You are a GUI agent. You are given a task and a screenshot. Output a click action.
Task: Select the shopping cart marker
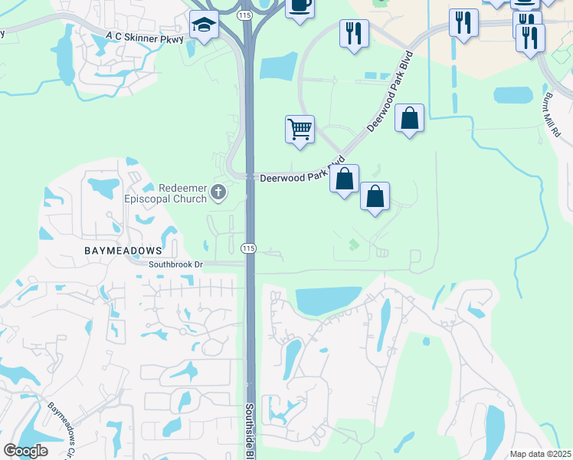click(300, 129)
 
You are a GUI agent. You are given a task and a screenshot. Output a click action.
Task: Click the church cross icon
click(218, 192)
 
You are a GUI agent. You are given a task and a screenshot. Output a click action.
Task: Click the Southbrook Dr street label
click(175, 264)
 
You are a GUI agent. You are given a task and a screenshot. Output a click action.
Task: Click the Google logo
click(25, 451)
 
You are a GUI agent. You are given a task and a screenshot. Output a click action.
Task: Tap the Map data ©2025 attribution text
click(539, 454)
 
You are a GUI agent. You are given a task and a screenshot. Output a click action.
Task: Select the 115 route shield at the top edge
click(244, 15)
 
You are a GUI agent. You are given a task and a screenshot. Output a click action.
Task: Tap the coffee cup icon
click(300, 6)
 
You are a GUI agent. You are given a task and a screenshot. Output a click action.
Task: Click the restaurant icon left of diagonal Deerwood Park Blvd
click(353, 32)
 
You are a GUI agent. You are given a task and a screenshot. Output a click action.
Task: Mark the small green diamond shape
click(353, 245)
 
